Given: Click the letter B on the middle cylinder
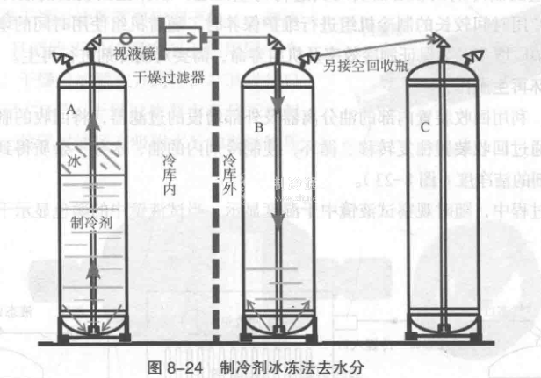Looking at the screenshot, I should pos(258,128).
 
